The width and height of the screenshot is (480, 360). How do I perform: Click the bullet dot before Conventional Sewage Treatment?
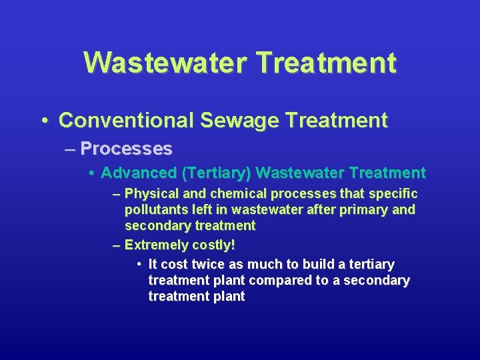pos(44,121)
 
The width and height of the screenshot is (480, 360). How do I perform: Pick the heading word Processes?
pos(127,148)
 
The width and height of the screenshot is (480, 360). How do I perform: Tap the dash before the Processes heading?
pos(71,148)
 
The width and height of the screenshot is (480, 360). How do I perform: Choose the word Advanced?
pos(139,173)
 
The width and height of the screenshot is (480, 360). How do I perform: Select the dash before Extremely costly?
pos(117,245)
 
